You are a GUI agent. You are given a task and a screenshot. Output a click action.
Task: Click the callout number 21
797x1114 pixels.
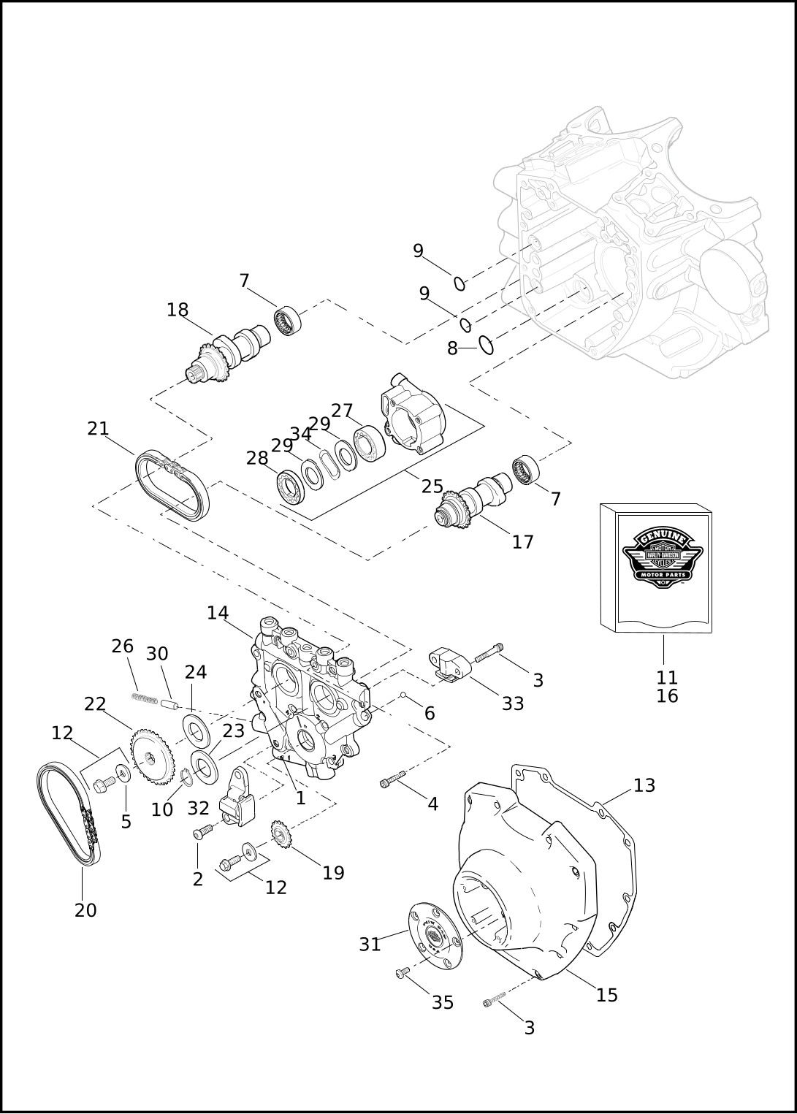pyautogui.click(x=98, y=429)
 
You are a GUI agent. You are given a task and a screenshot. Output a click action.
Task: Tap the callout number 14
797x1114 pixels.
pyautogui.click(x=218, y=614)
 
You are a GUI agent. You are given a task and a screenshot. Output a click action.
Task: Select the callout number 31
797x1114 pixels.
pyautogui.click(x=370, y=945)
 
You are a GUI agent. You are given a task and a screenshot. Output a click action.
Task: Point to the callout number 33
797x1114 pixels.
pyautogui.click(x=513, y=703)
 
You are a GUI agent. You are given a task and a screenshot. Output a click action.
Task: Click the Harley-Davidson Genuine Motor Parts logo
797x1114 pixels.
pyautogui.click(x=662, y=557)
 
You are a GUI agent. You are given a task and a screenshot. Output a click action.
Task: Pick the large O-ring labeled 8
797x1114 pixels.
pyautogui.click(x=487, y=344)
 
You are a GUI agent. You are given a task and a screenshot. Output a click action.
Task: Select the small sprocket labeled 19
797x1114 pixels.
pyautogui.click(x=281, y=835)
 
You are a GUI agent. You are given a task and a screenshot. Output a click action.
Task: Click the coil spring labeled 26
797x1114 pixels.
pyautogui.click(x=145, y=698)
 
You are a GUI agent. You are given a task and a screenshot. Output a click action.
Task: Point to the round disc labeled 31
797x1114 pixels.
pyautogui.click(x=435, y=936)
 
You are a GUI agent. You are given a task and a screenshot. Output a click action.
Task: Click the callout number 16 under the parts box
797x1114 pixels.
pyautogui.click(x=667, y=696)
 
